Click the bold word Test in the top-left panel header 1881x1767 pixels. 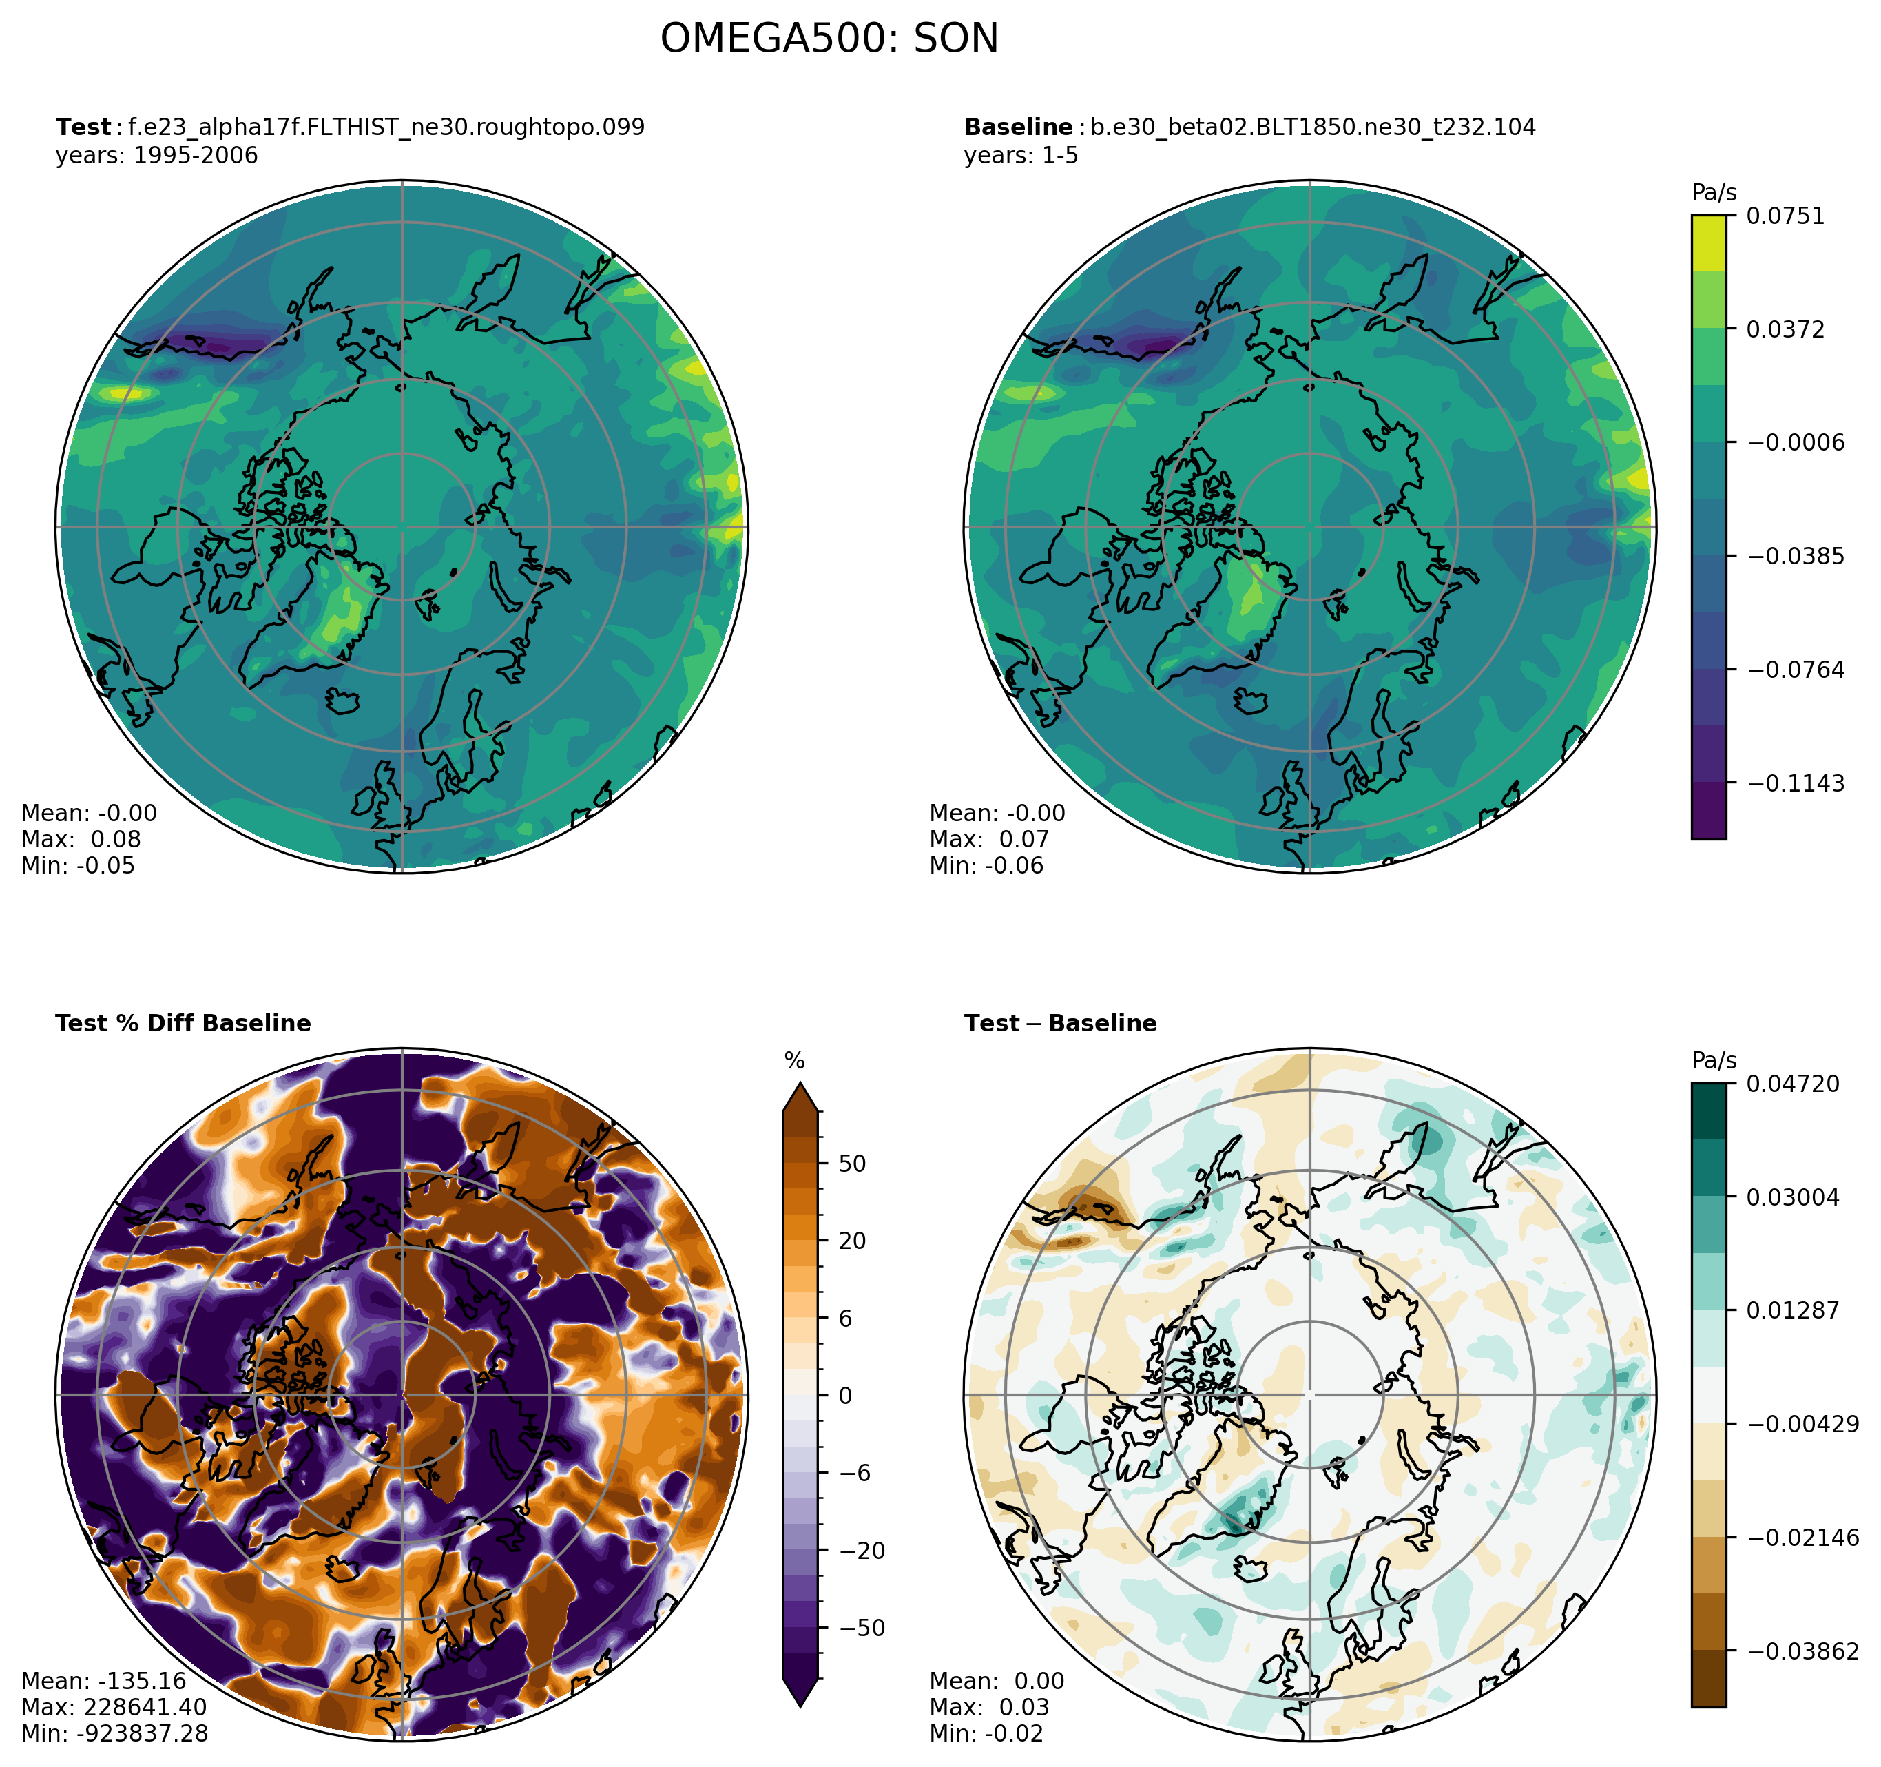pos(83,127)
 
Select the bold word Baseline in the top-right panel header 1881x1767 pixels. pos(1018,127)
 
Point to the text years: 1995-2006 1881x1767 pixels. pos(157,155)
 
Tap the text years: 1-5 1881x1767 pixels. pos(1021,155)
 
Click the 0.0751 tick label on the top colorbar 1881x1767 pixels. pos(1785,216)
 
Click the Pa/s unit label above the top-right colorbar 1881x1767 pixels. pos(1714,193)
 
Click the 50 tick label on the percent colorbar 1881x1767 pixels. pos(853,1164)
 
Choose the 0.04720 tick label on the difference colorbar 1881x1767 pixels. pos(1793,1084)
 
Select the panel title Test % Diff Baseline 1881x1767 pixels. pos(184,1024)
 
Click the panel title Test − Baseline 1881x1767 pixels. pos(1061,1024)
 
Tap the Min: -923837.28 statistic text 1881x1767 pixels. pos(114,1734)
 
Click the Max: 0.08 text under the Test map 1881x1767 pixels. pos(81,840)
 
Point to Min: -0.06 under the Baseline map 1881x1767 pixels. pos(987,866)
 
